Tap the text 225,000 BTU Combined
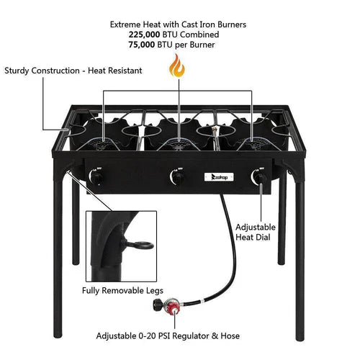(174, 34)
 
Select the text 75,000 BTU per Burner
(174, 44)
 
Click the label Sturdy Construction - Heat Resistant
(73, 71)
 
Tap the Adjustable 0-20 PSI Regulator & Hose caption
(168, 336)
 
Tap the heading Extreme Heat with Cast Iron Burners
(178, 24)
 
